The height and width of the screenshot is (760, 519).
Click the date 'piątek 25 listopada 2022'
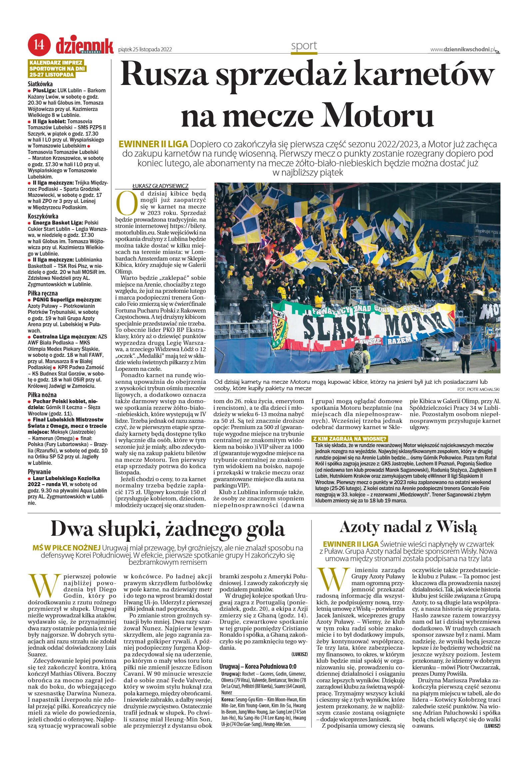145,50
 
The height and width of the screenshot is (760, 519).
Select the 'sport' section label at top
304,46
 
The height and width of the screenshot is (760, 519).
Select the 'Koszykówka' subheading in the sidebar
43,216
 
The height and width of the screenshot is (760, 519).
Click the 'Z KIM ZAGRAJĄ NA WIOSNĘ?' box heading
349,439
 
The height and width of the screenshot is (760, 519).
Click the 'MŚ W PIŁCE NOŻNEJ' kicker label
66,548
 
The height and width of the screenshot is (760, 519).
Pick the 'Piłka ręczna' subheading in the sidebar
43,293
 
